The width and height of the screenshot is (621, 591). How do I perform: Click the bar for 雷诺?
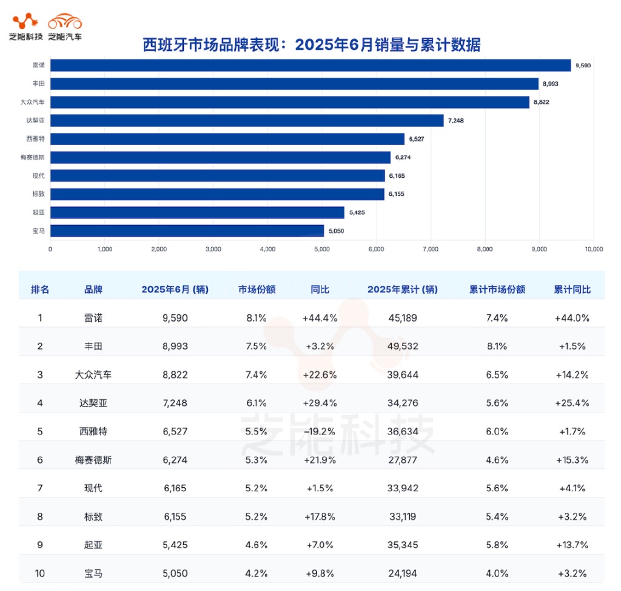click(x=310, y=65)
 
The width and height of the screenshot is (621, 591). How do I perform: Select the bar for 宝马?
click(x=187, y=231)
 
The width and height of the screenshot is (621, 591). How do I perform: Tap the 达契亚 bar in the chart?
click(x=247, y=120)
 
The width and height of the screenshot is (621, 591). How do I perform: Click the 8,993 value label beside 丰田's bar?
click(x=549, y=84)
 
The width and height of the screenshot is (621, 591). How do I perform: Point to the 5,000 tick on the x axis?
click(x=322, y=248)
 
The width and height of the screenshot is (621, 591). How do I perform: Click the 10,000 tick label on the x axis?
click(x=594, y=248)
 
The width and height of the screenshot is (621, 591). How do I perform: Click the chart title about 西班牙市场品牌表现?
click(x=310, y=44)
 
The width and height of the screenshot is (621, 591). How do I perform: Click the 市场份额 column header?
click(x=257, y=289)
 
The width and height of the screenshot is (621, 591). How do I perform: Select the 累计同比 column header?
click(x=571, y=289)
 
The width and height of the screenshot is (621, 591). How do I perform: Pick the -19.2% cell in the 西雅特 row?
click(x=320, y=431)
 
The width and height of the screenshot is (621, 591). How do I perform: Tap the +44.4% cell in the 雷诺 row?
click(x=320, y=317)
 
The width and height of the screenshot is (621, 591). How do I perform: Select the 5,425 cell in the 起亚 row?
click(x=175, y=545)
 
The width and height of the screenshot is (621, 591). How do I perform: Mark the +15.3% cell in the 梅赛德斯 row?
click(x=571, y=460)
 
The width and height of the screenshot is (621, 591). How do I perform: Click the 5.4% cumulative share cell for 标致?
click(x=497, y=516)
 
